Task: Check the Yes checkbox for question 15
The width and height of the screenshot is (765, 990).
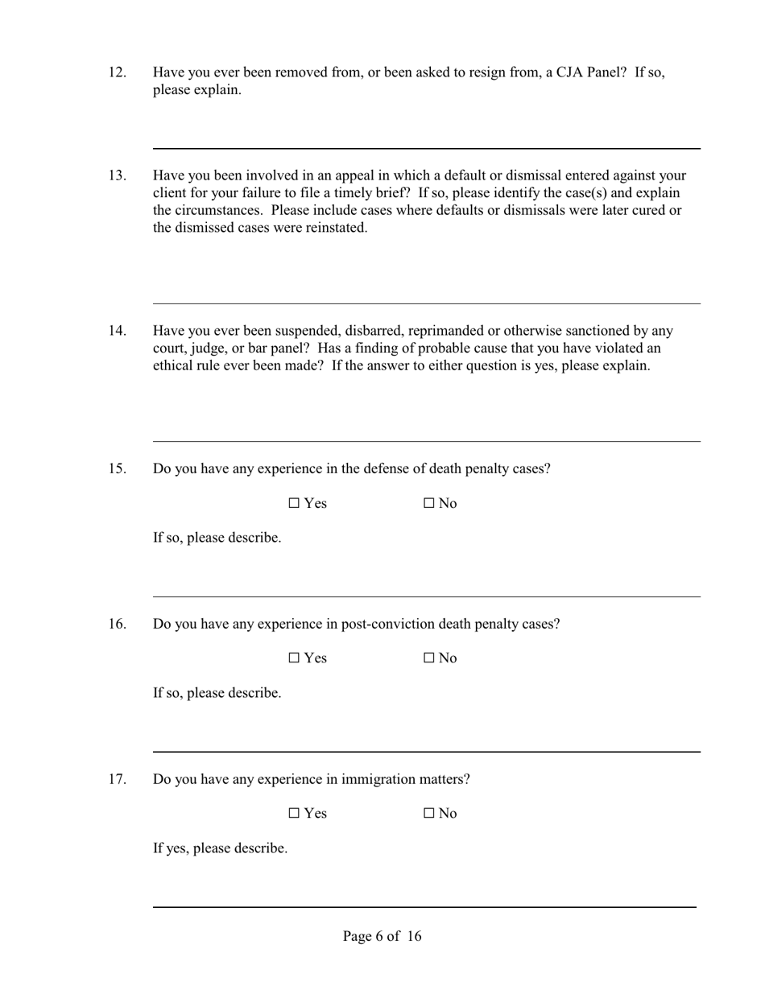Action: pos(294,504)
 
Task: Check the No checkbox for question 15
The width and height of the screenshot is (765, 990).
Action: pos(429,504)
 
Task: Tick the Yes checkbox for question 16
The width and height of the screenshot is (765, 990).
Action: pos(294,658)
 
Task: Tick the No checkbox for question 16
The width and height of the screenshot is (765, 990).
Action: pos(429,658)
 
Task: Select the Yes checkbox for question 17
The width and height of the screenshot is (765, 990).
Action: pos(294,814)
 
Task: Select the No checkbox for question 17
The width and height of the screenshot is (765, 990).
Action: pos(429,814)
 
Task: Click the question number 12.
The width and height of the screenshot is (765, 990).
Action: pos(118,72)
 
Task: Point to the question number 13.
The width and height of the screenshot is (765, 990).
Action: pos(118,175)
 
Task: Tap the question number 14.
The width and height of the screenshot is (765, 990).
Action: pos(118,331)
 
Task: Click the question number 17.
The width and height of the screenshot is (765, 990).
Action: pos(118,779)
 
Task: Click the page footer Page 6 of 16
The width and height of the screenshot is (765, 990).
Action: pos(382,936)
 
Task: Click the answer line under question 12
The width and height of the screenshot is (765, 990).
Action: pos(427,148)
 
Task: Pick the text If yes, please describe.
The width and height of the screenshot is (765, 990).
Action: pos(220,848)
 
